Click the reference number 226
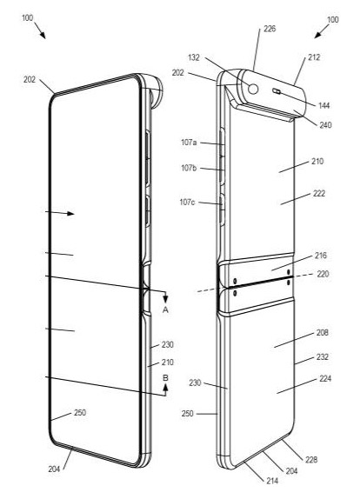click(270, 29)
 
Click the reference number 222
click(319, 194)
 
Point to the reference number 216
click(319, 258)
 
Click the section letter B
click(165, 377)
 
